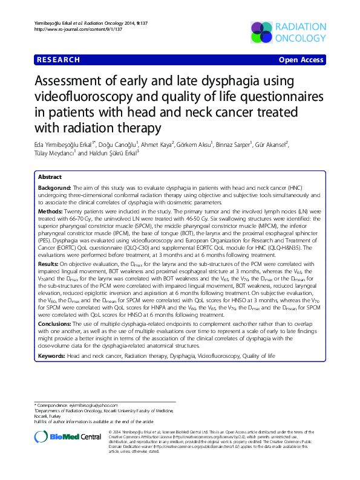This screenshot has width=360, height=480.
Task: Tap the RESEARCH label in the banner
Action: tap(58, 60)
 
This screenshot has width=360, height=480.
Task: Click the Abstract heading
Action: tap(50, 177)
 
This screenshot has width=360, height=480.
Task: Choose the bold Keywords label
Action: tap(51, 357)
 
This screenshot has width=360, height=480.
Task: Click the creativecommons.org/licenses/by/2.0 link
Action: tap(221, 437)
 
